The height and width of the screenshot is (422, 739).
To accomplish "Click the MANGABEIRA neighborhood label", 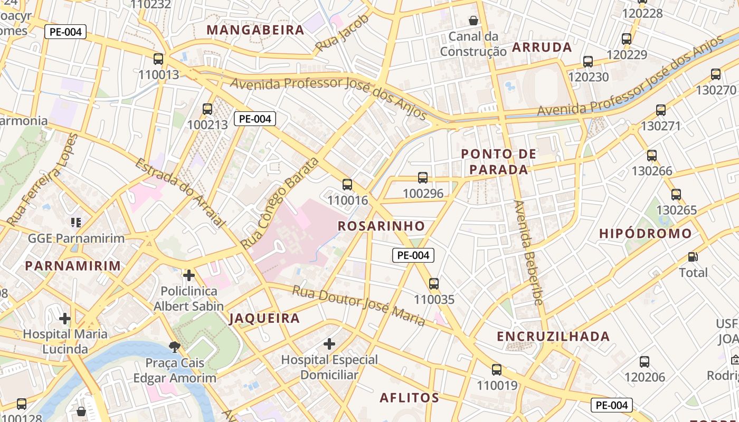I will tap(255, 30).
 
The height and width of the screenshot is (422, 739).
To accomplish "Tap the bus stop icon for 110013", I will tap(158, 59).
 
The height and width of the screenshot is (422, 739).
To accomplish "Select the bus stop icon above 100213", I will tap(207, 109).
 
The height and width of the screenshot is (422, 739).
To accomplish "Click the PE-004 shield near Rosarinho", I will tap(413, 255).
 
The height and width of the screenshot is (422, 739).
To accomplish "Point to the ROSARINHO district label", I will tap(381, 226).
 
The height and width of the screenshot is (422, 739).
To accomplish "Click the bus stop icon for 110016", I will tap(347, 185).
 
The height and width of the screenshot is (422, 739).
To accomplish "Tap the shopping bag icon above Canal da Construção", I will tap(473, 21).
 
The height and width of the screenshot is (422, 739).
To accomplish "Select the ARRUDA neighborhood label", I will tap(542, 47).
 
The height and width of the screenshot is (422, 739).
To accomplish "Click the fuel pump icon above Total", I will tap(693, 257).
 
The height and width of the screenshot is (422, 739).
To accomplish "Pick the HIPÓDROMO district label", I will tap(646, 234).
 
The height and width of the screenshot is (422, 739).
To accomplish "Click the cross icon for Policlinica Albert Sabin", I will tap(188, 275).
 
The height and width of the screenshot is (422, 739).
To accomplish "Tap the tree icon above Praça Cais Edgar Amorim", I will tap(174, 347).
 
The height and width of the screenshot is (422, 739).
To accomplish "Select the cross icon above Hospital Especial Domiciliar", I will tap(329, 344).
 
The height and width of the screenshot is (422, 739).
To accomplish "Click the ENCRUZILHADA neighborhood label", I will tap(553, 337).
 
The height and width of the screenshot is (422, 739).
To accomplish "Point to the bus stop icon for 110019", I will tap(497, 370).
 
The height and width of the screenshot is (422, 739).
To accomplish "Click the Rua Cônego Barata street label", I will tap(280, 203).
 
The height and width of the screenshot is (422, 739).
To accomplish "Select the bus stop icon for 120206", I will tap(645, 362).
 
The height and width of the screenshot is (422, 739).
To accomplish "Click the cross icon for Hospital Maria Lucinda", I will tap(65, 319).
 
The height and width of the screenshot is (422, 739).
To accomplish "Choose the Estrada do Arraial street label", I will tap(180, 193).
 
